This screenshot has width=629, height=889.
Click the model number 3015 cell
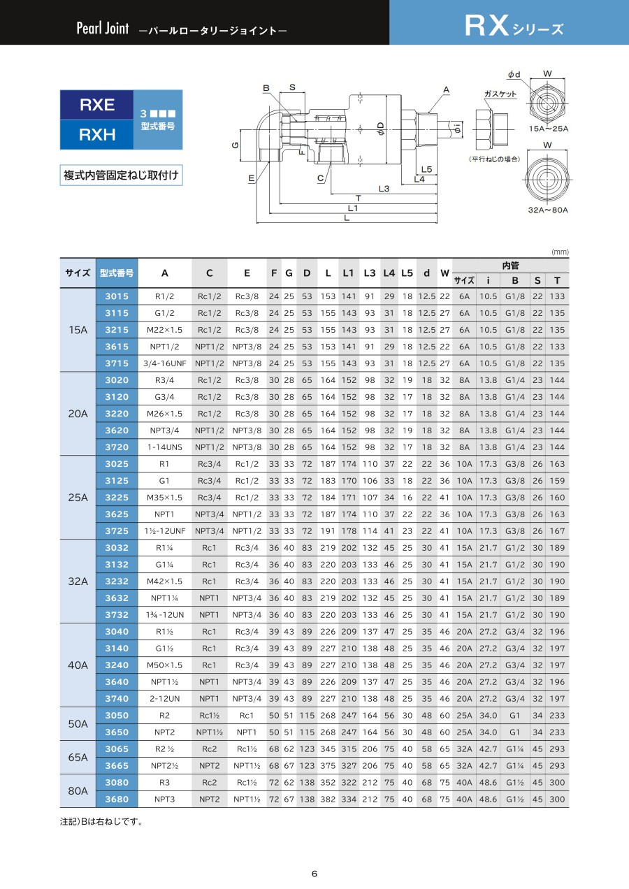click(x=117, y=296)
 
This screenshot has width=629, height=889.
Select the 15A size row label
click(x=78, y=330)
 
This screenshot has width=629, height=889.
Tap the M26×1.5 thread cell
click(x=164, y=414)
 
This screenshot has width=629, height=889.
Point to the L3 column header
click(x=370, y=273)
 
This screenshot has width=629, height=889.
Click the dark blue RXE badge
click(x=96, y=105)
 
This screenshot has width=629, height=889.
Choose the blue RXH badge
click(x=96, y=134)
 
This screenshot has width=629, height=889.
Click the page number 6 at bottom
click(x=314, y=873)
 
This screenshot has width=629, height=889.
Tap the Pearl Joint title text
click(x=103, y=30)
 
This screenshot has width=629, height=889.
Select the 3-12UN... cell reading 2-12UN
click(x=164, y=699)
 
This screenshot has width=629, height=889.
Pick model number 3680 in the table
click(x=117, y=800)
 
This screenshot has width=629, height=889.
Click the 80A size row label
click(x=78, y=791)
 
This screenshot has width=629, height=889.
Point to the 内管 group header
click(x=510, y=266)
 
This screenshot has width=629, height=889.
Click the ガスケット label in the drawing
click(x=500, y=94)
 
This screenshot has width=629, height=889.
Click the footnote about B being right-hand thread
click(x=102, y=821)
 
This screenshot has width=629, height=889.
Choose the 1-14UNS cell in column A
click(x=164, y=447)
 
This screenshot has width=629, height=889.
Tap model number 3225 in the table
click(x=117, y=498)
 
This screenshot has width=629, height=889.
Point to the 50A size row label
click(x=78, y=724)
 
